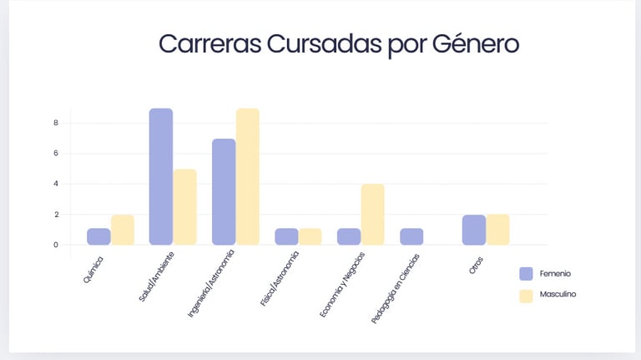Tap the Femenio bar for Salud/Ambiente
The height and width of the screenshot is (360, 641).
coord(161,176)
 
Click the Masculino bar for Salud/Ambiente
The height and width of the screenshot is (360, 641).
coord(184,206)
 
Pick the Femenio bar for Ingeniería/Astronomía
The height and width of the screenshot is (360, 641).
coord(224,191)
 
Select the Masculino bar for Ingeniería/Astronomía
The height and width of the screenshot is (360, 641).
coord(248,176)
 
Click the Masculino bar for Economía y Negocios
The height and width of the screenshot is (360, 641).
coord(372,214)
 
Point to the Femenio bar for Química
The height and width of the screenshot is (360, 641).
coord(98,236)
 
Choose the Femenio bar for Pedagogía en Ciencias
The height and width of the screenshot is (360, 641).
coord(411,236)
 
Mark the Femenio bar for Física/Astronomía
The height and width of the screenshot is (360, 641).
coord(286,236)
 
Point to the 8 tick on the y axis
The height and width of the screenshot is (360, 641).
coord(56,123)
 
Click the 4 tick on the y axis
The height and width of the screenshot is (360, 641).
coord(56,184)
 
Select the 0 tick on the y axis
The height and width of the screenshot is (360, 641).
coord(56,245)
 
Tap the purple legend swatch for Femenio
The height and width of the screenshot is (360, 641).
coord(526,273)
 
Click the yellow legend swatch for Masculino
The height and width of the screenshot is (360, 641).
coord(526,295)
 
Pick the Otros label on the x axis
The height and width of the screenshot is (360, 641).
coord(477,261)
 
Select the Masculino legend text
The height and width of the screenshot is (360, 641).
coord(558,295)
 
